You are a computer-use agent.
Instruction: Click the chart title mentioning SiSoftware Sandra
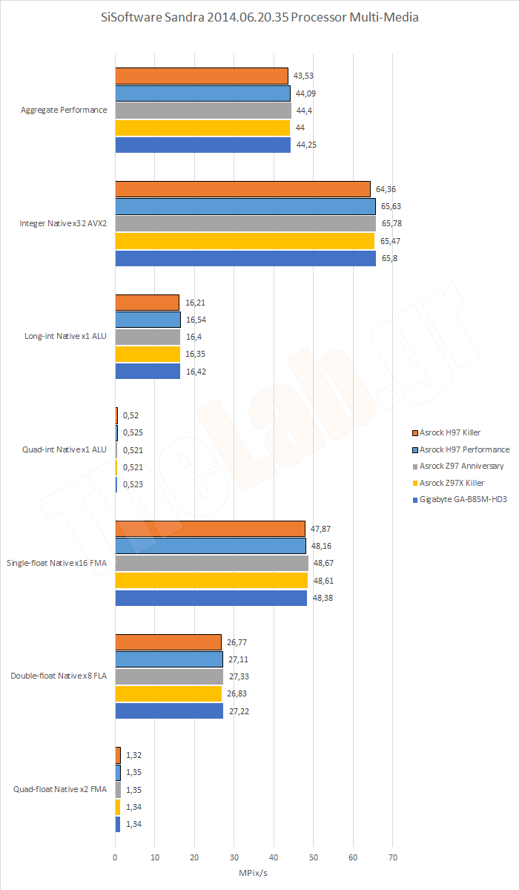click(259, 17)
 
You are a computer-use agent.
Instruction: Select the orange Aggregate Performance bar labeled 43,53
click(201, 76)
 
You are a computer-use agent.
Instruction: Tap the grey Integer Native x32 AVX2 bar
click(245, 223)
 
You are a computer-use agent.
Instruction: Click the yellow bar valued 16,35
click(148, 355)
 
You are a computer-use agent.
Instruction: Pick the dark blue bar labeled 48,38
click(211, 598)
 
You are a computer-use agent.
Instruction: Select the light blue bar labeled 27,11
click(169, 659)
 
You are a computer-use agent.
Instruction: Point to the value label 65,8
click(390, 258)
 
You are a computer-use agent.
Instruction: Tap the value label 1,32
click(133, 755)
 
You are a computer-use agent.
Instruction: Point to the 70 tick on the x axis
click(392, 857)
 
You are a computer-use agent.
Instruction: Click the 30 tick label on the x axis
click(234, 857)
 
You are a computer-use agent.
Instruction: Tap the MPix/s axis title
click(254, 874)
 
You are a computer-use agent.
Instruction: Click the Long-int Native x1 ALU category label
click(65, 337)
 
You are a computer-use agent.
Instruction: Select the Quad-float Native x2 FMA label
click(60, 789)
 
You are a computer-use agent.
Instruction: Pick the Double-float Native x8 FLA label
click(59, 676)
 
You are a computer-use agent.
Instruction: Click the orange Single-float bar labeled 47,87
click(210, 528)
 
